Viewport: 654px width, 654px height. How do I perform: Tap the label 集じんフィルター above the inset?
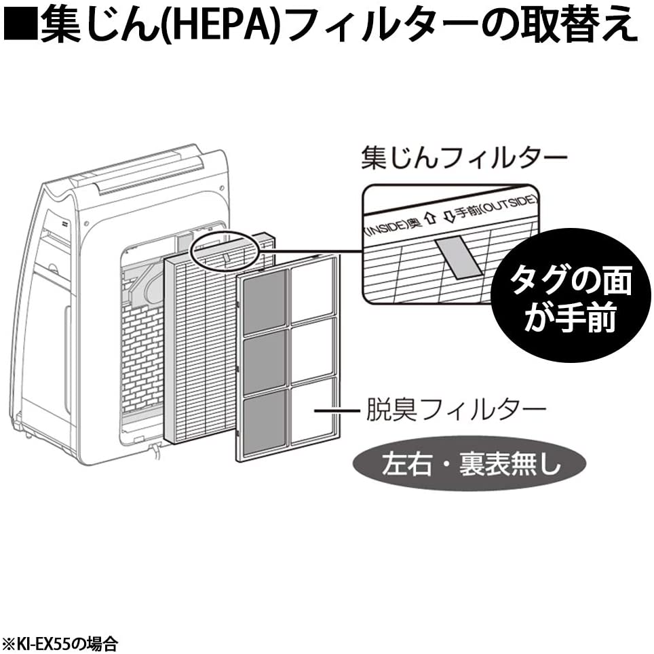click(463, 159)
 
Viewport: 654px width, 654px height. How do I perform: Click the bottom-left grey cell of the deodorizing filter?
click(265, 424)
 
